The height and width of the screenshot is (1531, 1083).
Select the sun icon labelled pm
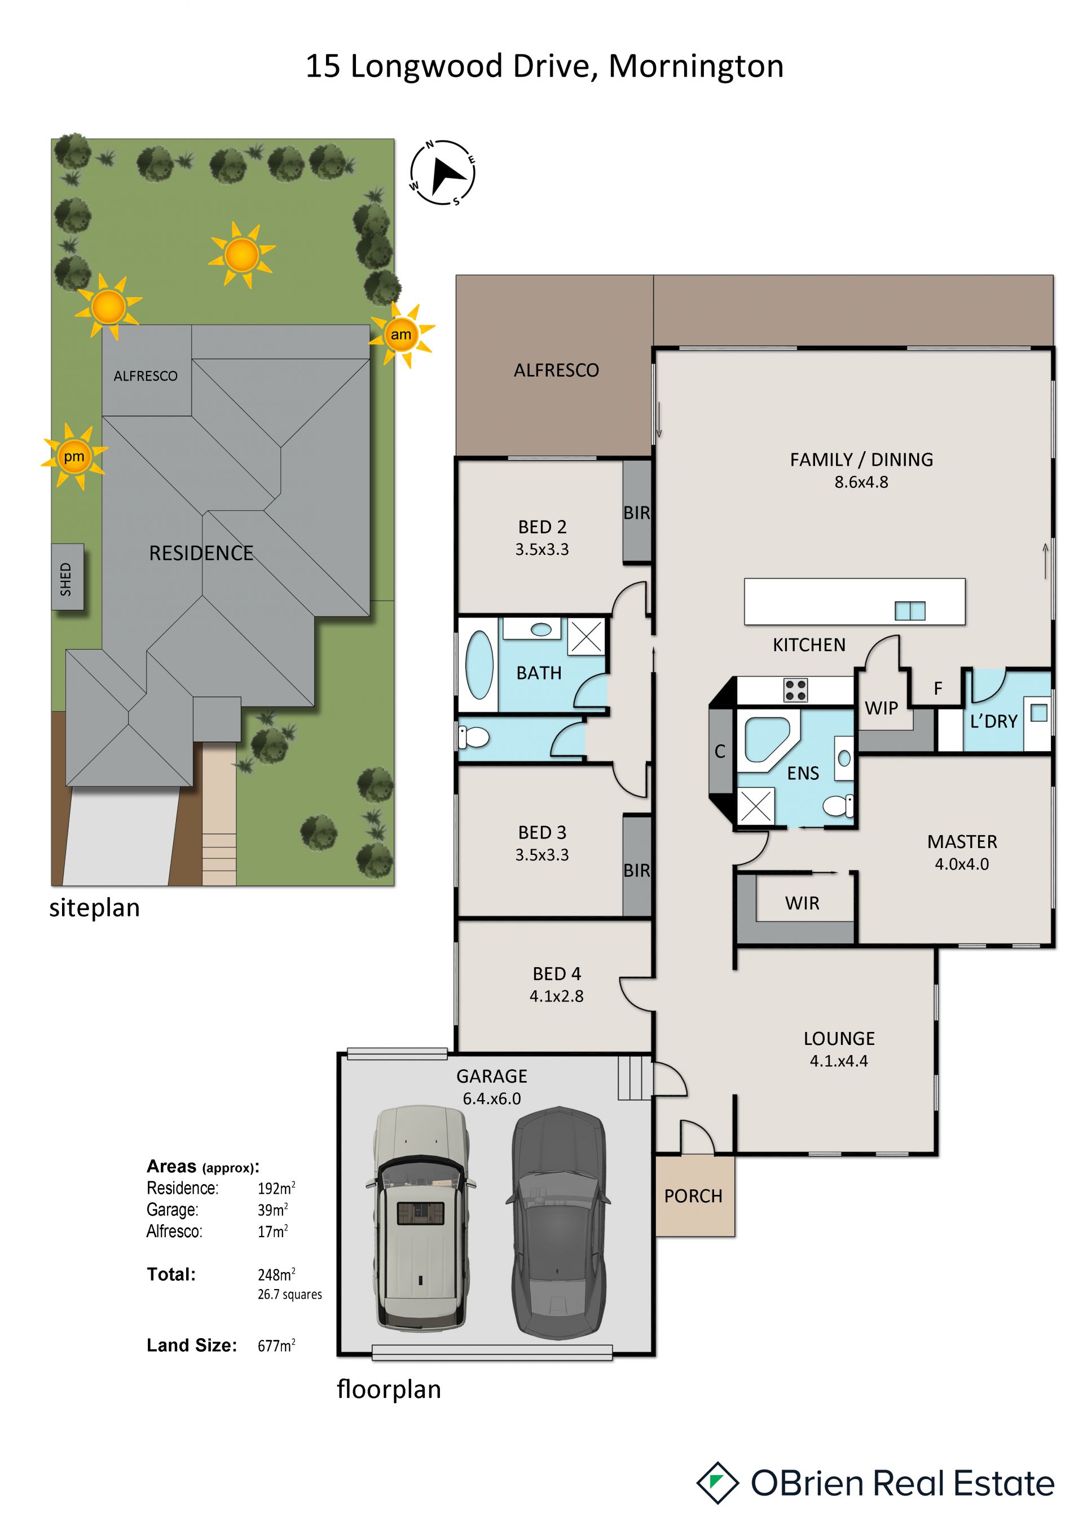[74, 457]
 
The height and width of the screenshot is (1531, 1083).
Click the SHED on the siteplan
[67, 577]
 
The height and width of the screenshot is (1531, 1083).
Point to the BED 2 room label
[542, 527]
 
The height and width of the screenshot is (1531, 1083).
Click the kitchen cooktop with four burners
[795, 690]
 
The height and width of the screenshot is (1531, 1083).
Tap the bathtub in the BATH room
[479, 665]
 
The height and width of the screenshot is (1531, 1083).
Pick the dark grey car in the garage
[558, 1224]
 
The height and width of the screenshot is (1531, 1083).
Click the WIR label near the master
[802, 903]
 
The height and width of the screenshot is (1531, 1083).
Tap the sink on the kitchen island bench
[910, 611]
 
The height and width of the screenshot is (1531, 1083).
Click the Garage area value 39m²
[273, 1210]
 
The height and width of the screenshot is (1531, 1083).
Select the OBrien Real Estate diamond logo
[717, 1483]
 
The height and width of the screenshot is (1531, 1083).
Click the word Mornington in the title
[695, 66]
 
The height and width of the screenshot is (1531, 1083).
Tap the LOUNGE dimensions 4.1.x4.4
[839, 1061]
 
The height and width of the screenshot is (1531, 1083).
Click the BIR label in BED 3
[636, 870]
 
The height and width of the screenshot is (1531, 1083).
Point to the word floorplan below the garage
[389, 1390]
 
